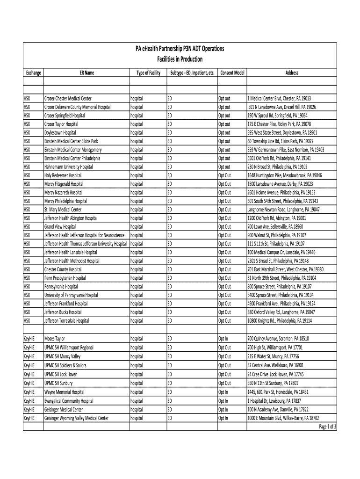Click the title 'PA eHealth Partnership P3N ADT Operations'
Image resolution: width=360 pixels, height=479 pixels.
[x=180, y=49]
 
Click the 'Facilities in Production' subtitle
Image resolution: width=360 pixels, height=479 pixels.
[x=180, y=59]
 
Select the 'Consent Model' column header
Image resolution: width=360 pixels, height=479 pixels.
[x=232, y=73]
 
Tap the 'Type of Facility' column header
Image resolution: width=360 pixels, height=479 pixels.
[x=148, y=73]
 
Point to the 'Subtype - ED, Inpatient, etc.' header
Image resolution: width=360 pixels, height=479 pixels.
[x=192, y=73]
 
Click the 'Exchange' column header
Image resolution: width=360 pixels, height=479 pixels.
[x=33, y=73]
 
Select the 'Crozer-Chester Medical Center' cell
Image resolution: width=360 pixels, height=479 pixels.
[x=68, y=99]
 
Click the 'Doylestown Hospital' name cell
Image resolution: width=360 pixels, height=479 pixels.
[x=60, y=133]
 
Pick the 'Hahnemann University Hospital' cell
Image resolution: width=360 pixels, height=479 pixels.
[x=69, y=167]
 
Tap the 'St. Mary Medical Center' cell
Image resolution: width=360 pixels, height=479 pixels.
[x=63, y=210]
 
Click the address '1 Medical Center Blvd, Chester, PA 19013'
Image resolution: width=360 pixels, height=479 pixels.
[x=279, y=99]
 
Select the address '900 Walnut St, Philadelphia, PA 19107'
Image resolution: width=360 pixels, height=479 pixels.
[x=277, y=235]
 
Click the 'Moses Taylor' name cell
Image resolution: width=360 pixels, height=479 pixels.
[x=55, y=339]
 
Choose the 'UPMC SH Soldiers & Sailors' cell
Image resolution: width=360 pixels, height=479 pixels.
[x=65, y=364]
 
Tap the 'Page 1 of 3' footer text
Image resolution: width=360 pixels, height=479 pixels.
[x=328, y=427]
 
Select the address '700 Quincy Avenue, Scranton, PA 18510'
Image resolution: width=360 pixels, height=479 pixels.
[x=278, y=339]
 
